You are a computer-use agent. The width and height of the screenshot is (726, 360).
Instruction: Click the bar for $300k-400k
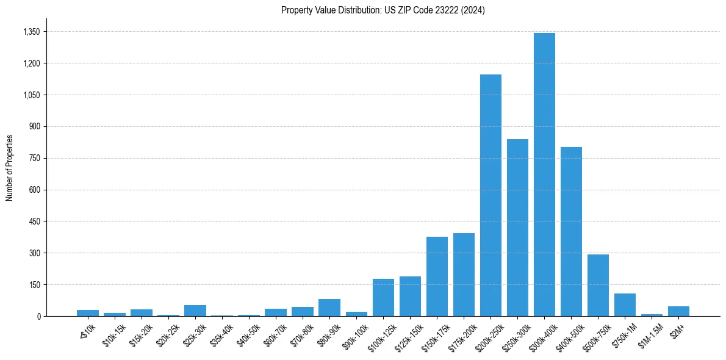(544, 175)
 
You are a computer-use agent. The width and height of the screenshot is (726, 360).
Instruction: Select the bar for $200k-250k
(491, 195)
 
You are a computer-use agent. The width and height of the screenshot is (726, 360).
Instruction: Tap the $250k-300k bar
(517, 228)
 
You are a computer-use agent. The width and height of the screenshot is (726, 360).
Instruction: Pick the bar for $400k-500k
(571, 232)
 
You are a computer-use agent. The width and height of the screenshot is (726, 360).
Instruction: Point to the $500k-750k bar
(598, 286)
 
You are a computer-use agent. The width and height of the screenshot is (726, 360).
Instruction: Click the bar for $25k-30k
(195, 311)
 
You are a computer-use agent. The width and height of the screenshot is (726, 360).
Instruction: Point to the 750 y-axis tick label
(34, 158)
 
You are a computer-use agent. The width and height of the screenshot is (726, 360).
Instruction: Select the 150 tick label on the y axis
(34, 285)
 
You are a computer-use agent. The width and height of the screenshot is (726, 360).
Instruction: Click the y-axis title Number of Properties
(10, 168)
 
